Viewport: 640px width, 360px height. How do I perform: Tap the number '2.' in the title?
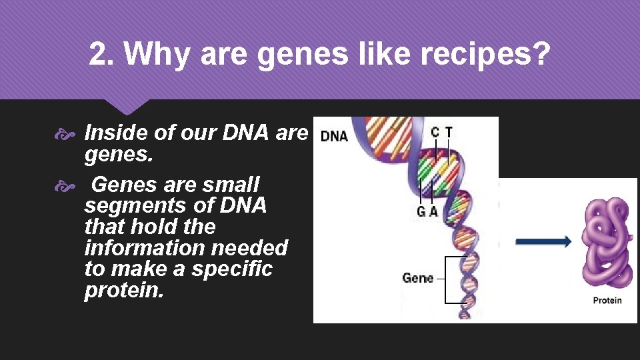pyautogui.click(x=103, y=55)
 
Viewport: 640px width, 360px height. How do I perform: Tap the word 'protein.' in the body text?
pyautogui.click(x=124, y=291)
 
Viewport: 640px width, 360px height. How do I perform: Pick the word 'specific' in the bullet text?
pyautogui.click(x=232, y=269)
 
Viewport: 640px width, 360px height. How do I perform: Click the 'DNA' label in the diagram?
pyautogui.click(x=335, y=136)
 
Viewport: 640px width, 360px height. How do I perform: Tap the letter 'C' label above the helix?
pyautogui.click(x=435, y=132)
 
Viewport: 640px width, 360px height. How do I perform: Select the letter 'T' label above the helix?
pyautogui.click(x=449, y=132)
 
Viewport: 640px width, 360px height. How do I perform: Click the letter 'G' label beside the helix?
pyautogui.click(x=421, y=213)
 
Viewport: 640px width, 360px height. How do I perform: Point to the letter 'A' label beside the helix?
pyautogui.click(x=434, y=213)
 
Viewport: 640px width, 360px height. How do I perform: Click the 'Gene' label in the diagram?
pyautogui.click(x=417, y=278)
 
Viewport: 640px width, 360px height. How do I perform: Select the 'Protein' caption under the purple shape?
pyautogui.click(x=607, y=301)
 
